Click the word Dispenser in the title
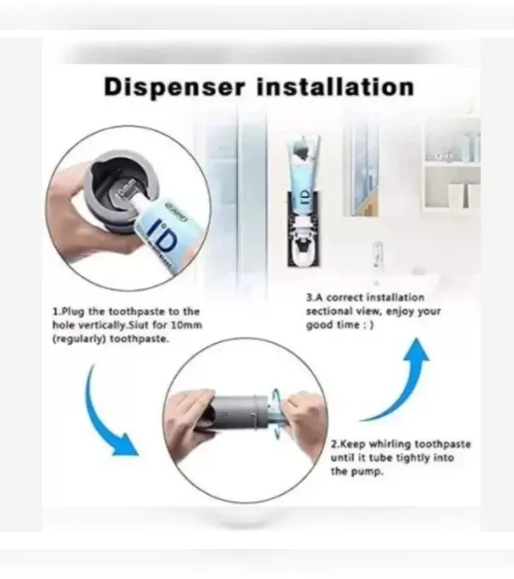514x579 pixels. coord(174,87)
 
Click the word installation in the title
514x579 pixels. coord(335,87)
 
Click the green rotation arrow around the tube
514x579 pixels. coord(276,414)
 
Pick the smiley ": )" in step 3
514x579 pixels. coord(368,325)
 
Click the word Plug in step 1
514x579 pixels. coord(73,311)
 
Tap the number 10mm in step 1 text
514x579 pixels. coord(190,325)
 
